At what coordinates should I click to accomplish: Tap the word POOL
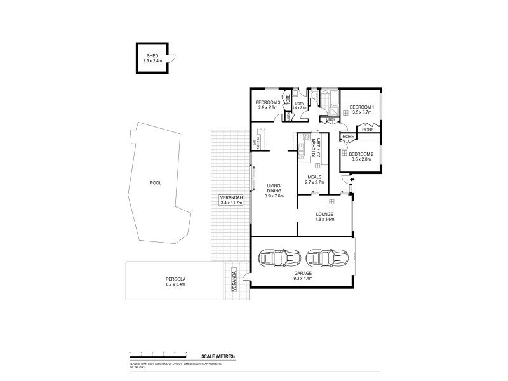tap(155, 182)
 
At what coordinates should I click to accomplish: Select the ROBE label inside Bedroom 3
tap(288, 99)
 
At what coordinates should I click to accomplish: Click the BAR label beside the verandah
tap(255, 144)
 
